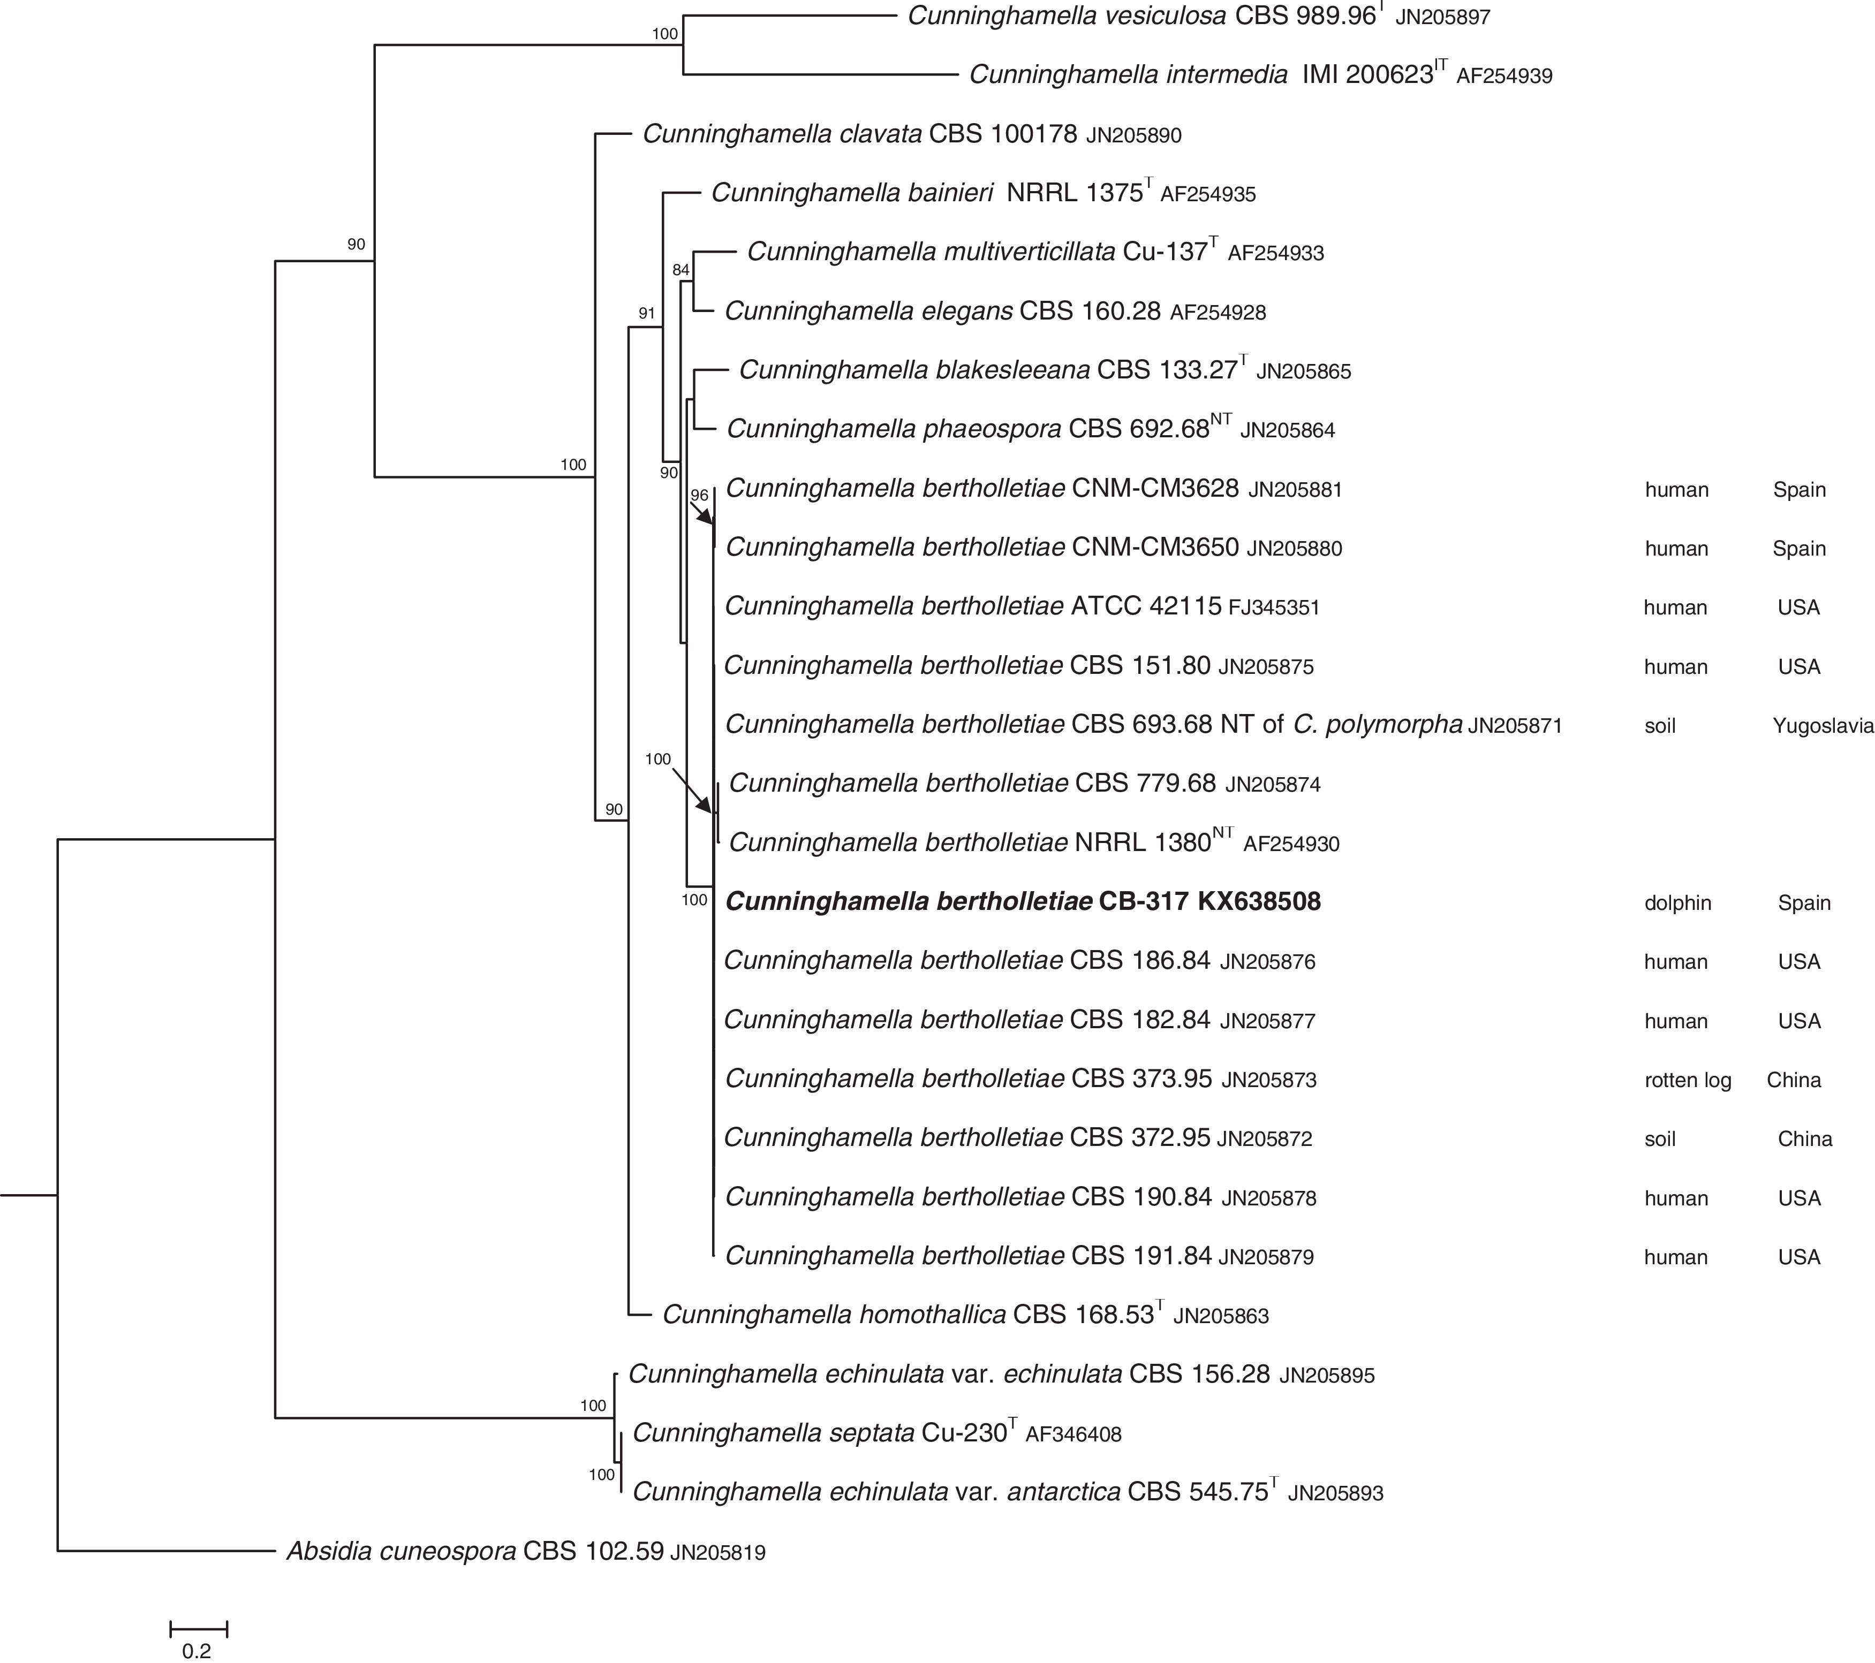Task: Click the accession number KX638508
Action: pos(1259,902)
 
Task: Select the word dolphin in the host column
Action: pos(1677,903)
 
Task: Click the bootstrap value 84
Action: pos(680,270)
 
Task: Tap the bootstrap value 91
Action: pos(647,314)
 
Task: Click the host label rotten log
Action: pos(1688,1081)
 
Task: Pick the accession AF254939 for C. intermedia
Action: pos(1504,76)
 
